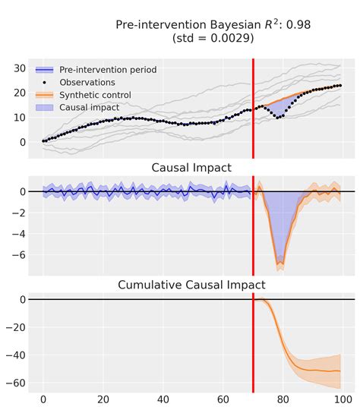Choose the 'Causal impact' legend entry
[90, 108]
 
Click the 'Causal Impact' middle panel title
[191, 168]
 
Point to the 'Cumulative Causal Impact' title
[191, 285]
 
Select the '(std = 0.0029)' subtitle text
[213, 38]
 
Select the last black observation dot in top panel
[339, 86]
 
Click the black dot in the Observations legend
[46, 82]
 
